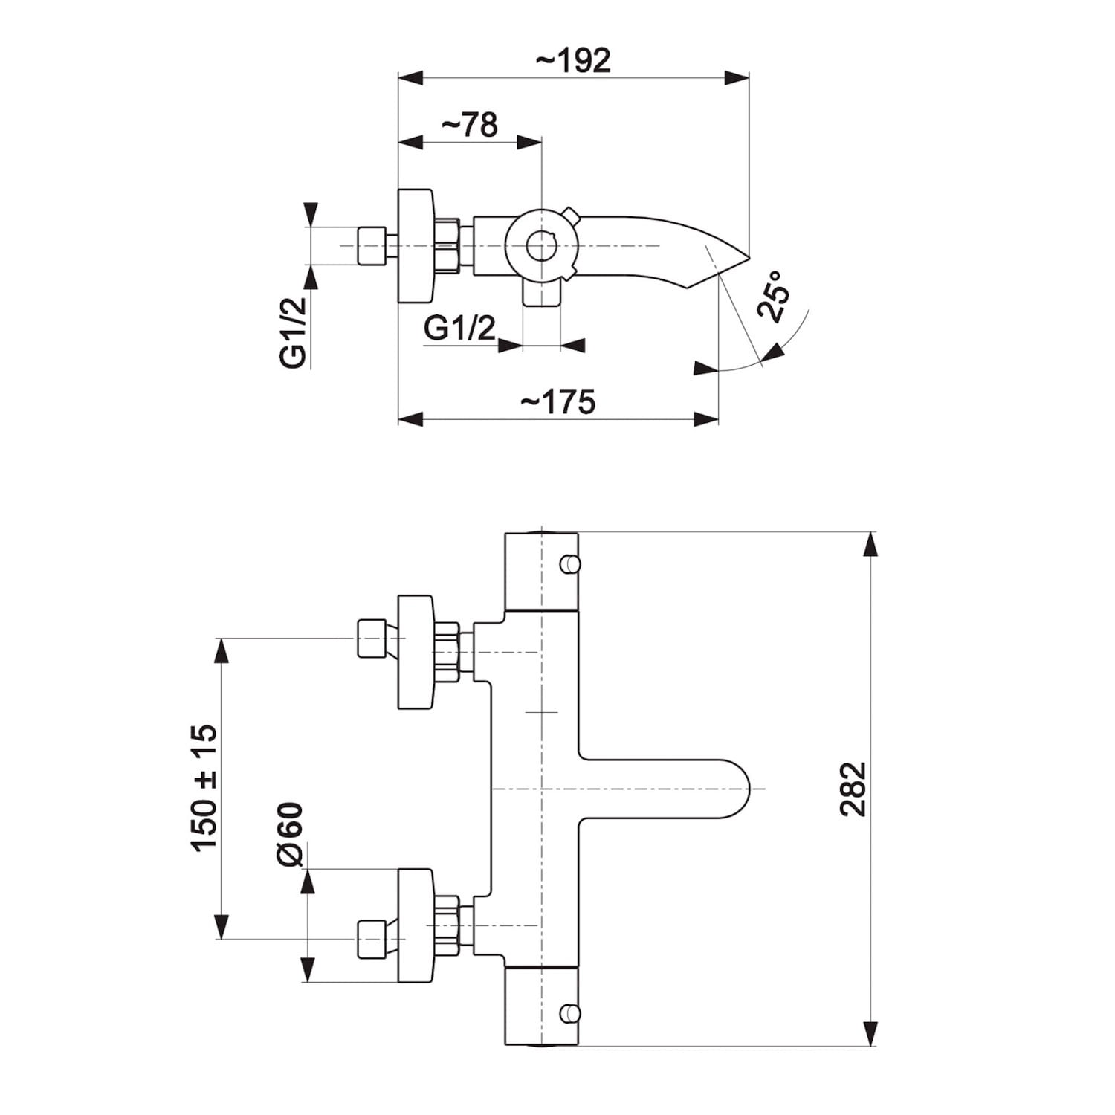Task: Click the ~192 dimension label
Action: (573, 60)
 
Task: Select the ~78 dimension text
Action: (469, 125)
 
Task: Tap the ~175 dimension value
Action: (557, 402)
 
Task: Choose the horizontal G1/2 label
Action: (459, 327)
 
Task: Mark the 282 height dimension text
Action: (853, 789)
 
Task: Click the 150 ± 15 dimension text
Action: (204, 787)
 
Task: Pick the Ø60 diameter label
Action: (290, 834)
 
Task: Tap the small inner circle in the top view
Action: (541, 246)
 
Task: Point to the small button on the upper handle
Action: (570, 564)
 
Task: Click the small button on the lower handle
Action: (570, 1012)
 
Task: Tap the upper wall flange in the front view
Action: (415, 652)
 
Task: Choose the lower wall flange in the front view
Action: (415, 925)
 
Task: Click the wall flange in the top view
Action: (415, 246)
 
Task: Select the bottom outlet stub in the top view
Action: (541, 293)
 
